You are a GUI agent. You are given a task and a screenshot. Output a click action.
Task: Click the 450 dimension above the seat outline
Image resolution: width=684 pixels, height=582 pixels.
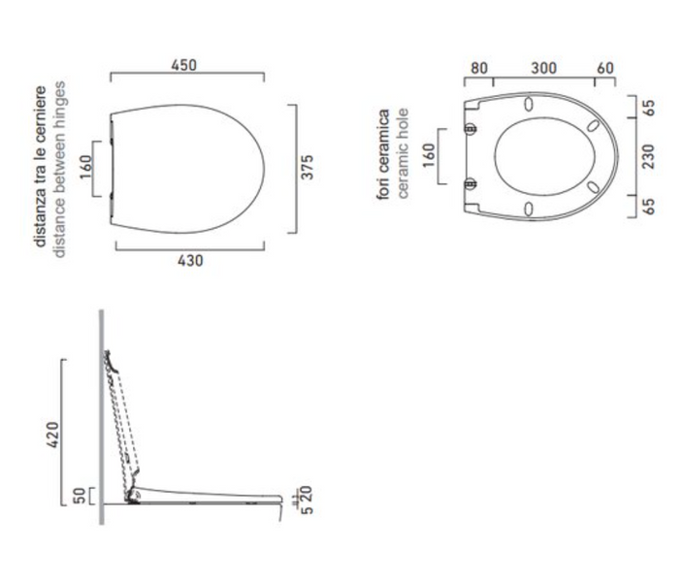pos(183,65)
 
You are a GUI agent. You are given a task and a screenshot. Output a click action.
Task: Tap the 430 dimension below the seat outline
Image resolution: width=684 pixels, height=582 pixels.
pos(190,261)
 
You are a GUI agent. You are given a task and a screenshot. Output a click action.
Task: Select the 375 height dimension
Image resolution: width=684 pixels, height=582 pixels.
pos(308,167)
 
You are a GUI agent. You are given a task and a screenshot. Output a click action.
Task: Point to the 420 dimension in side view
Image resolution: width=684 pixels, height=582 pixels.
pos(52,435)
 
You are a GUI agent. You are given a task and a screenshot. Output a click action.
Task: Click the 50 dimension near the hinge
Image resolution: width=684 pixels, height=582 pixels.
pos(80,496)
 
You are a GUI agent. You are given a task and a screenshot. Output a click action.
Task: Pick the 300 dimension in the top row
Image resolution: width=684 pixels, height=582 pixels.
pos(543,68)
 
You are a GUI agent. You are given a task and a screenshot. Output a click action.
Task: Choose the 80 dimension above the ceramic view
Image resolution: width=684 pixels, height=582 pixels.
pos(479,68)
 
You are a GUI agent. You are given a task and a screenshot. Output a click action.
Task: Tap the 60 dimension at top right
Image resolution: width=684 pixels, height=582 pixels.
pos(605,68)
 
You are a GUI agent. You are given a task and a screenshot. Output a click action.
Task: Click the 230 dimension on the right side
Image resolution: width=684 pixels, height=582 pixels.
pos(649,156)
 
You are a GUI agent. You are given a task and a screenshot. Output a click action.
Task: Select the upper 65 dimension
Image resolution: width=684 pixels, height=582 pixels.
pos(649,108)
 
